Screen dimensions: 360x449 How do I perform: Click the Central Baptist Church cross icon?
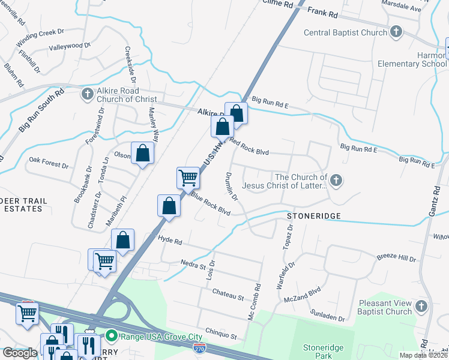[x=396, y=32]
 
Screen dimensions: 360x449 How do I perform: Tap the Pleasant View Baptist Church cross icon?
[x=422, y=307]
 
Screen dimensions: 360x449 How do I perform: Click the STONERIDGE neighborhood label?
[x=313, y=215]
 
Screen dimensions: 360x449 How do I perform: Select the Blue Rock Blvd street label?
[x=211, y=203]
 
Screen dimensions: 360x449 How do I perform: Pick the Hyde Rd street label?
[x=169, y=239]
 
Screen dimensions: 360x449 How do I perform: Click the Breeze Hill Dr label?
[x=396, y=258]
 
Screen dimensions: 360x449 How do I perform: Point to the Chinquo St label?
[x=221, y=332]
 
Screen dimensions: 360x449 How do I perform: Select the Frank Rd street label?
[x=324, y=11]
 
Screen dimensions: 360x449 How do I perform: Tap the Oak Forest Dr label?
[x=49, y=160]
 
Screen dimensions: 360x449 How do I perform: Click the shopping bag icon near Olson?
[x=143, y=154]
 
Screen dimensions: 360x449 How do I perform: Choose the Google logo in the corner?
[x=20, y=353]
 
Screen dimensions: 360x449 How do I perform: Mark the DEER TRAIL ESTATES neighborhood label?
[x=21, y=204]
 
